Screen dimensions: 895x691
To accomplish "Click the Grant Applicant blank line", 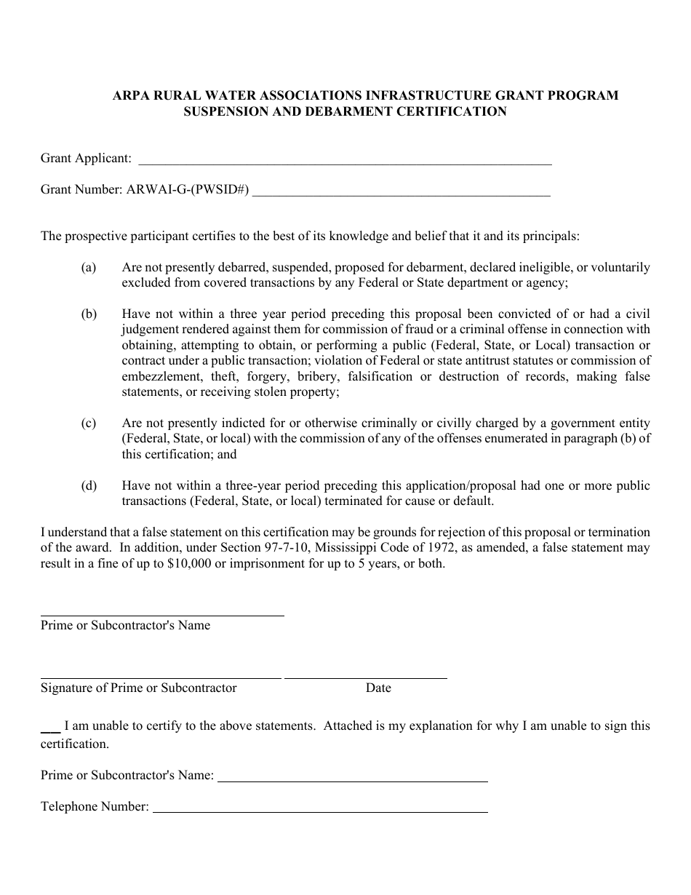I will point(344,164).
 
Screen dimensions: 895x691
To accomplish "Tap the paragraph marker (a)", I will point(88,268).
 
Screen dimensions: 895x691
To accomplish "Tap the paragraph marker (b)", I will point(88,314).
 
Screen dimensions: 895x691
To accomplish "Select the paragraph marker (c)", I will point(88,423).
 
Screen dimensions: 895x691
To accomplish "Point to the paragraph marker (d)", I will point(88,486).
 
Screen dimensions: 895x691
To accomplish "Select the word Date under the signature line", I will point(378,688).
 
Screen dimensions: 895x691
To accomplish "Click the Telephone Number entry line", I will point(320,811).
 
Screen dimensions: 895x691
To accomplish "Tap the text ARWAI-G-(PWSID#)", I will point(188,190).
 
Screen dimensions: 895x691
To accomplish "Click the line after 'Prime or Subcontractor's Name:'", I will point(353,781).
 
